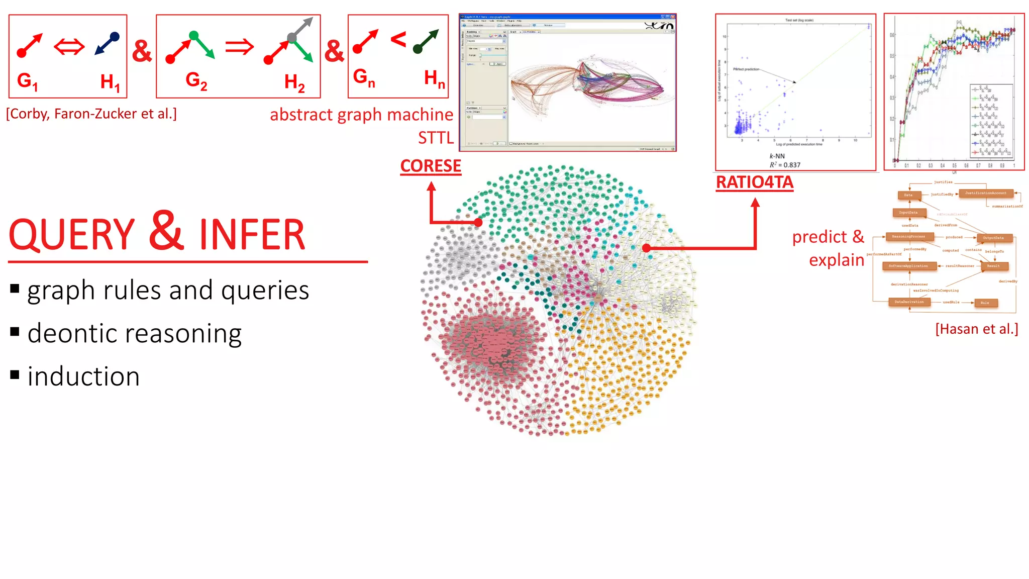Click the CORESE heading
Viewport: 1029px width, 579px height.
(x=431, y=166)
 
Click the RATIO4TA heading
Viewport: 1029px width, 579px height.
(x=754, y=182)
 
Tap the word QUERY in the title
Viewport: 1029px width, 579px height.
(x=72, y=235)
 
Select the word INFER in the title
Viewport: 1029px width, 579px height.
(x=252, y=235)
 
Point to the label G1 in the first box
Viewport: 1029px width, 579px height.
(x=27, y=81)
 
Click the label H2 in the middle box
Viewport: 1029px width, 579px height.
(x=294, y=82)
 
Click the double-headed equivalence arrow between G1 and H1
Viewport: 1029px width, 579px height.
(x=69, y=48)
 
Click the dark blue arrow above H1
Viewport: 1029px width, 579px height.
(x=107, y=44)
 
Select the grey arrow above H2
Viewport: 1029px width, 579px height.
(x=302, y=29)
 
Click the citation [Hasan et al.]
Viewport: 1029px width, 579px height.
(x=976, y=329)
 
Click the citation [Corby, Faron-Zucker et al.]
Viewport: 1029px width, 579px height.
(x=91, y=114)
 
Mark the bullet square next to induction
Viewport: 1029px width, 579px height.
(x=15, y=375)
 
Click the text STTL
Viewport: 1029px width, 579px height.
(x=436, y=138)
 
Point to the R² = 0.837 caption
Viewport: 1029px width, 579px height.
(x=785, y=165)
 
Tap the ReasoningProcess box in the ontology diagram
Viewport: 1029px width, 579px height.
(x=909, y=237)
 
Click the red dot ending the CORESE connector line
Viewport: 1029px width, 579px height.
(x=478, y=222)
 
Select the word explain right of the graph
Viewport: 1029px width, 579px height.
(x=836, y=260)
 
